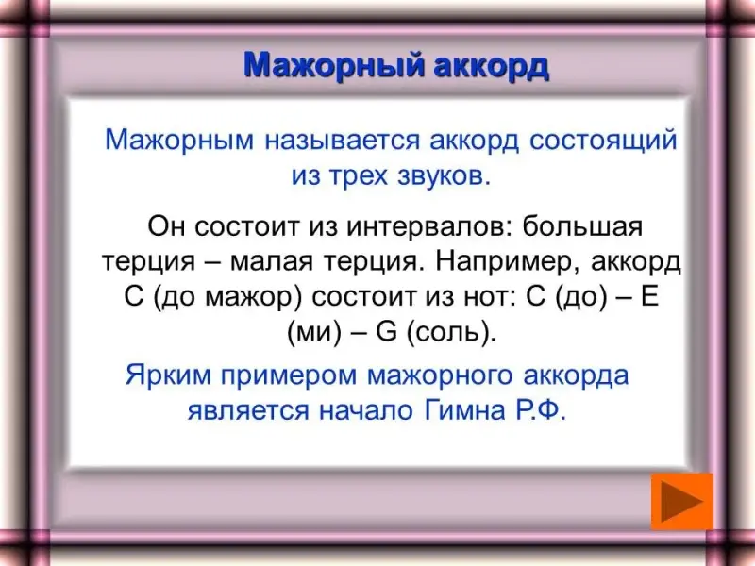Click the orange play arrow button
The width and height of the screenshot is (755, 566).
[x=681, y=501]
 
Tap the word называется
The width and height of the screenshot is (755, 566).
[x=342, y=141]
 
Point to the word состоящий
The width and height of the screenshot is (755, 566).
[x=603, y=141]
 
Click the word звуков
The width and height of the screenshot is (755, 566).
[x=444, y=176]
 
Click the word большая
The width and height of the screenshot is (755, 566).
[x=582, y=226]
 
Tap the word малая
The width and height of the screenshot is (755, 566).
[x=272, y=262]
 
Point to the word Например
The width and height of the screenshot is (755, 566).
[x=508, y=263]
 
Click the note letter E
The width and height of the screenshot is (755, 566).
[x=649, y=296]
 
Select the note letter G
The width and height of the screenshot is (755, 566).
[x=386, y=332]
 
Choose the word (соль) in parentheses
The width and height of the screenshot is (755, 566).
[x=451, y=333]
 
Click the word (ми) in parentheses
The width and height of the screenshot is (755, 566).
[x=314, y=333]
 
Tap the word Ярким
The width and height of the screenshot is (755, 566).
[x=168, y=375]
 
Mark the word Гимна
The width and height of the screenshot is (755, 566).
[x=465, y=410]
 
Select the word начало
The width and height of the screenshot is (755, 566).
[x=366, y=411]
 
